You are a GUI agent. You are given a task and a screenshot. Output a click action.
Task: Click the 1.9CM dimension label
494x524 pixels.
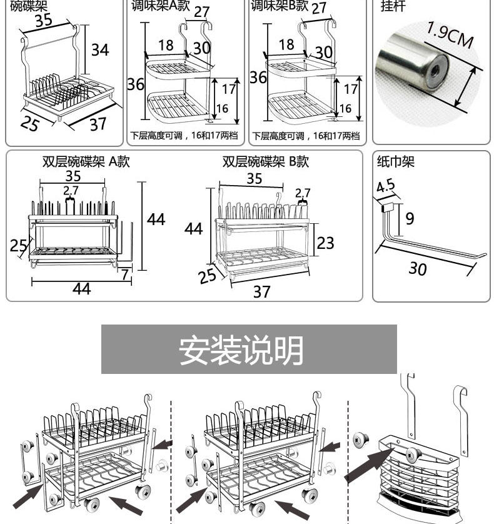coord(450,35)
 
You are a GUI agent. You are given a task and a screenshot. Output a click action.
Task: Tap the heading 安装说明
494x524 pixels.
coord(241,350)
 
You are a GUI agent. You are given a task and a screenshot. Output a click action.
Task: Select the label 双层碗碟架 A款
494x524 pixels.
coord(86,161)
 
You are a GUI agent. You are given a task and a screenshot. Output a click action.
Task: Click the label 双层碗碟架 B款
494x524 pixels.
coord(266,161)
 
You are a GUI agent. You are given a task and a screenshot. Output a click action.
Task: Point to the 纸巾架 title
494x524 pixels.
coord(396,161)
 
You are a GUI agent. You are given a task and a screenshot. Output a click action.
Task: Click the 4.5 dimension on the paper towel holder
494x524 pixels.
coord(385,186)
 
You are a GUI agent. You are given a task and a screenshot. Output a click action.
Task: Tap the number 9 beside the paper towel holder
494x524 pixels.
coord(410,219)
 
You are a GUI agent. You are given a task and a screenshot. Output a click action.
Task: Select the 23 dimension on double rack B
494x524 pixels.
coord(325,243)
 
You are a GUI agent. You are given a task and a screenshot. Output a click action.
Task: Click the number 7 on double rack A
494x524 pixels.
coord(125,275)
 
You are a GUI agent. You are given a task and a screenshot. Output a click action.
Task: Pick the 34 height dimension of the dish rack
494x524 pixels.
coord(100,50)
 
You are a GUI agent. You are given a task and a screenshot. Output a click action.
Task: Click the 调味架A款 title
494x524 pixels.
coord(161,6)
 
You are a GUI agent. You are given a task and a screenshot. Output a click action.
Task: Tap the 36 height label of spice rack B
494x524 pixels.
coord(258,78)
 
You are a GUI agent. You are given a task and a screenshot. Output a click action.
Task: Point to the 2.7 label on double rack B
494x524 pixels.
coord(303,193)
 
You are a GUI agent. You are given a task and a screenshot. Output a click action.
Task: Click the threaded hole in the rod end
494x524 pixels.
coord(435,71)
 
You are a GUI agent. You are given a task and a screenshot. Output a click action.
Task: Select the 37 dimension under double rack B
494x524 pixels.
coord(261,292)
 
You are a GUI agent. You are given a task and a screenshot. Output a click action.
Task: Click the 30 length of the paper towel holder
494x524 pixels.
coord(418,269)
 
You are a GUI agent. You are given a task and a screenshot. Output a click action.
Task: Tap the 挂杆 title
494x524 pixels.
coord(393,6)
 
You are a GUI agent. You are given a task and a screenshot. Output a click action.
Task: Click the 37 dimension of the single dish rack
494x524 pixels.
coord(98,124)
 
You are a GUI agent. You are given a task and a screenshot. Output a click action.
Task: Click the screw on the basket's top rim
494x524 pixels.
coord(413,455)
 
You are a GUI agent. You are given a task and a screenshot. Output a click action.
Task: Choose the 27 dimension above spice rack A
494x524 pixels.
coord(201,12)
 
